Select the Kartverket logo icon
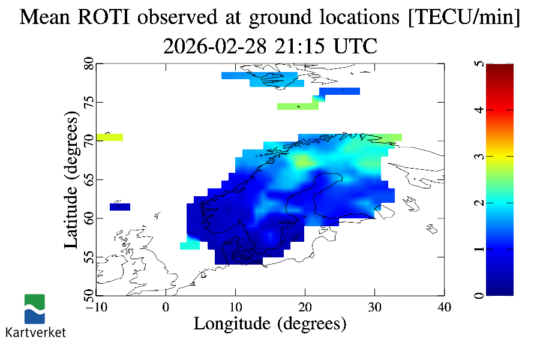pos(34,308)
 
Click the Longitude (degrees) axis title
pos(270,324)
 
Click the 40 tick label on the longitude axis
pos(444,307)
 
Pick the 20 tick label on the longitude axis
pos(305,307)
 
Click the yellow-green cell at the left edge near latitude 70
pos(109,137)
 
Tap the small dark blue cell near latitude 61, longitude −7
pos(120,207)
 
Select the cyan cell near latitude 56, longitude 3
pos(190,245)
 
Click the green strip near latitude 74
pos(298,106)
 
